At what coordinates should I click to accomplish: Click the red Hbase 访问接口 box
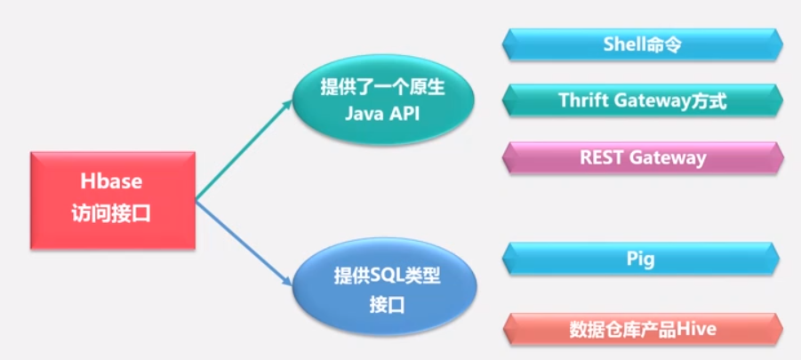pyautogui.click(x=113, y=199)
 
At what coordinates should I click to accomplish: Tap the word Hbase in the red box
pyautogui.click(x=113, y=181)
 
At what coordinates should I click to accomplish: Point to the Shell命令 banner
pyautogui.click(x=642, y=44)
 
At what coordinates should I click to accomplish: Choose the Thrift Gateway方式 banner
pyautogui.click(x=642, y=101)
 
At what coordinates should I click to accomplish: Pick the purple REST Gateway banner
pyautogui.click(x=642, y=157)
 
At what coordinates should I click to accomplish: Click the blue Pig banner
pyautogui.click(x=642, y=259)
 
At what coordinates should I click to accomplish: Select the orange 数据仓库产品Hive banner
pyautogui.click(x=642, y=329)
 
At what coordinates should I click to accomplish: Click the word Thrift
pyautogui.click(x=585, y=101)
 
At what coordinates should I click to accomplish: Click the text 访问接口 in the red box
pyautogui.click(x=113, y=212)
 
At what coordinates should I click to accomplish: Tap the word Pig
pyautogui.click(x=641, y=259)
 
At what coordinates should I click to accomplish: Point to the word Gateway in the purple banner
pyautogui.click(x=667, y=157)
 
